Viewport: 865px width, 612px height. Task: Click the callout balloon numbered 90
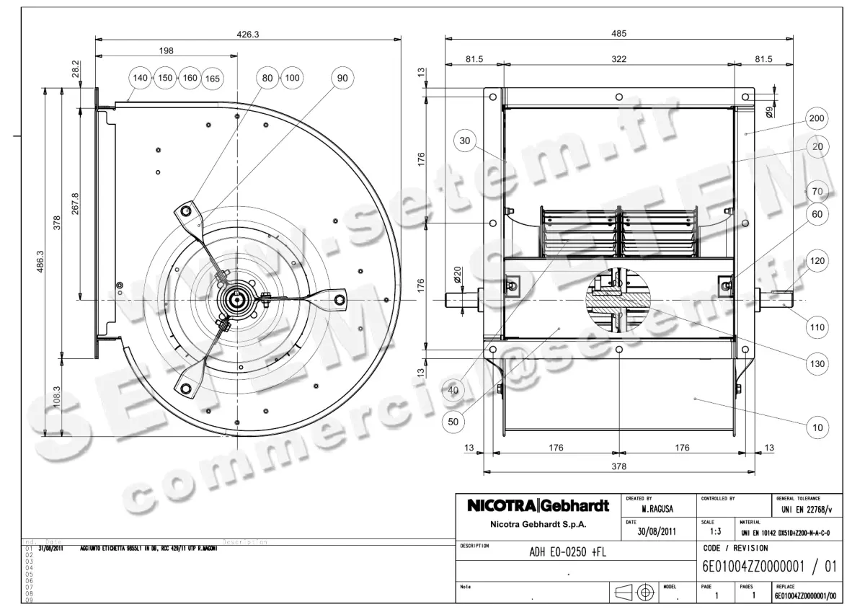342,77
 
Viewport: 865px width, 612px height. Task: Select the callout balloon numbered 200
817,118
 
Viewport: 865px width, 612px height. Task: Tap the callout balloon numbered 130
817,364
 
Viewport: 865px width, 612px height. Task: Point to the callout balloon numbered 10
817,427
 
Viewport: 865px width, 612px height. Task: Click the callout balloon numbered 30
465,141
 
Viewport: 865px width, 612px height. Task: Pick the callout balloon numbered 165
212,78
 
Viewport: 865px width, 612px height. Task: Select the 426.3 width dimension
248,33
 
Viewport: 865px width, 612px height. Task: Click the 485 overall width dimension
618,33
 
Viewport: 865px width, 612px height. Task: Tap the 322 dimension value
618,58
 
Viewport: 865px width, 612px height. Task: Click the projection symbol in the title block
634,593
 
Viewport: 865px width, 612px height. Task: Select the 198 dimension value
167,50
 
